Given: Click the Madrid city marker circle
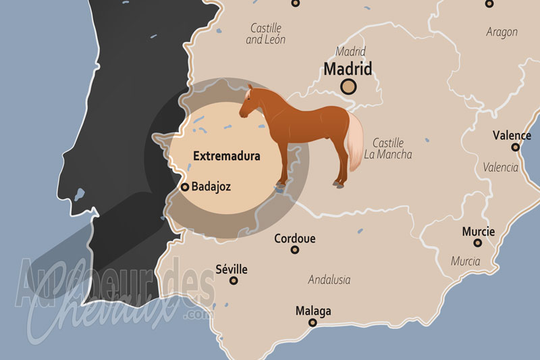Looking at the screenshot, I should coord(348,86).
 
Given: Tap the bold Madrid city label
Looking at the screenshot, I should coord(348,69).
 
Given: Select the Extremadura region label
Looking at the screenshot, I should coord(227,156).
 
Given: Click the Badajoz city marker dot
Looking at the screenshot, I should coord(185,187).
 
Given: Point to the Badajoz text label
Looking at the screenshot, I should coord(211,187).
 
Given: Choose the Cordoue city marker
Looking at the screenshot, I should coord(295,250).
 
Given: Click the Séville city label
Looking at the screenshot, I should coord(231,269).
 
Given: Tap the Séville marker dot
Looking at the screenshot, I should coord(234,280).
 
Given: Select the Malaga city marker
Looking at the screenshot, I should coord(313,323).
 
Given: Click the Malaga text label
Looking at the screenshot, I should coord(313,311).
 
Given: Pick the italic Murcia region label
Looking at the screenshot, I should coord(466,261).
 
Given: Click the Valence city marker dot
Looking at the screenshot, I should coord(516,147).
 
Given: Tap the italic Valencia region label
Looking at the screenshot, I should coord(501,167).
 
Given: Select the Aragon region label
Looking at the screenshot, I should coord(502,32).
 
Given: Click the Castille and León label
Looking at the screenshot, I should coord(265,34).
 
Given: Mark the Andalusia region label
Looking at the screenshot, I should coord(331,279).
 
